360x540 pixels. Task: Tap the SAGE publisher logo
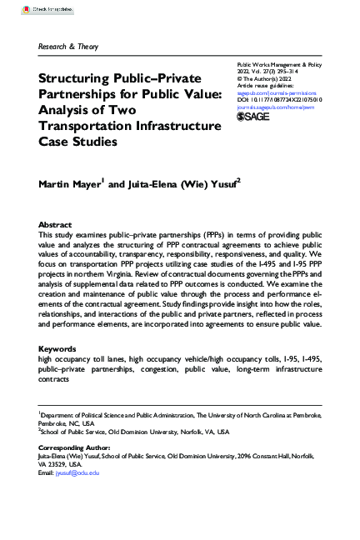coord(255,117)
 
